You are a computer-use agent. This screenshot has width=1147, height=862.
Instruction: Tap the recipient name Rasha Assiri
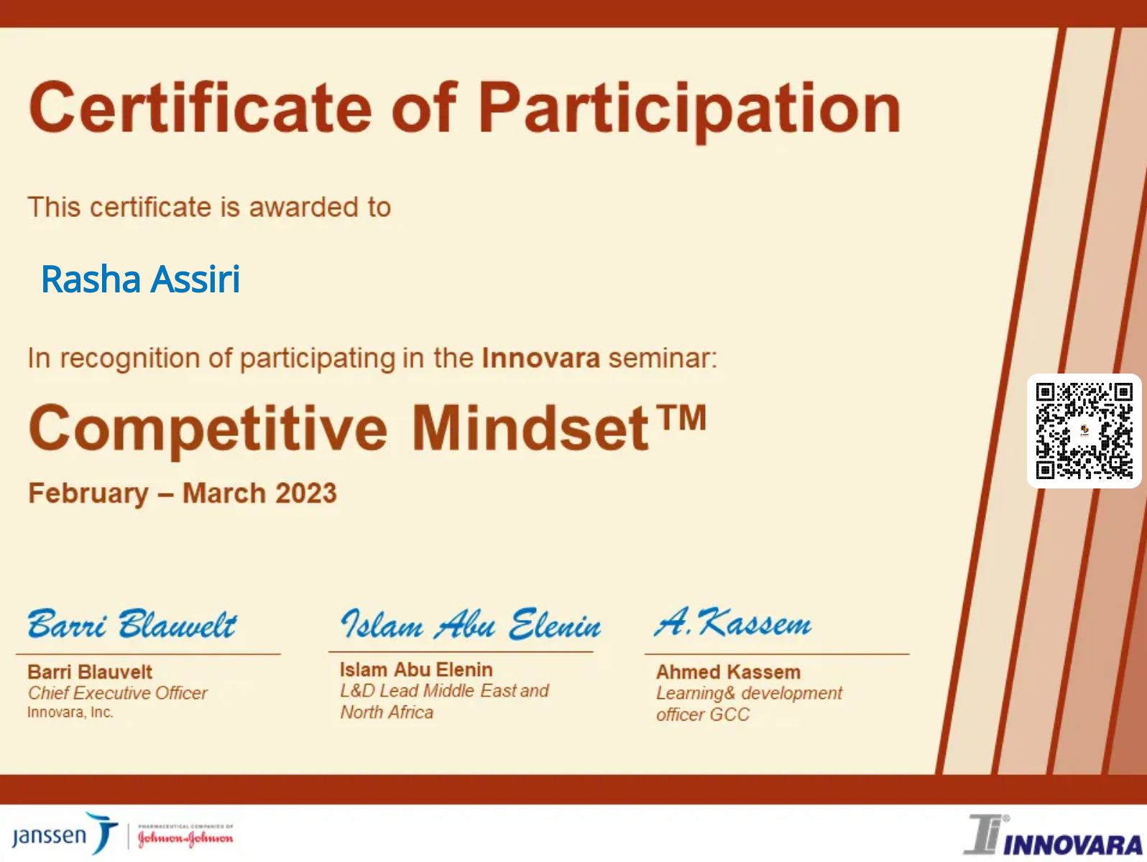pyautogui.click(x=140, y=279)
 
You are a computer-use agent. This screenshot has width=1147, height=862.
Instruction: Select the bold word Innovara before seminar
pyautogui.click(x=540, y=358)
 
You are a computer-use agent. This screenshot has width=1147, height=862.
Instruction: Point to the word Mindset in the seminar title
pyautogui.click(x=530, y=429)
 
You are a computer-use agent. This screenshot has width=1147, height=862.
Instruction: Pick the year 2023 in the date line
pyautogui.click(x=305, y=493)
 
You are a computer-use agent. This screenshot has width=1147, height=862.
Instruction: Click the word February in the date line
pyautogui.click(x=88, y=493)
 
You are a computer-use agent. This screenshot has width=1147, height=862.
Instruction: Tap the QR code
pyautogui.click(x=1084, y=431)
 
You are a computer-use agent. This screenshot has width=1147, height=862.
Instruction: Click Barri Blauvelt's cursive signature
pyautogui.click(x=132, y=624)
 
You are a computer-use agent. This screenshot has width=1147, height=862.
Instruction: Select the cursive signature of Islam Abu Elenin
pyautogui.click(x=471, y=624)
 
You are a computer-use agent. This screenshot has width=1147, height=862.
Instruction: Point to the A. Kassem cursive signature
pyautogui.click(x=732, y=622)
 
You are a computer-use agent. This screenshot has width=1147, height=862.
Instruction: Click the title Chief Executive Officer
pyautogui.click(x=117, y=693)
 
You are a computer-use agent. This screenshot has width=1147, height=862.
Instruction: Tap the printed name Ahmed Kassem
pyautogui.click(x=728, y=672)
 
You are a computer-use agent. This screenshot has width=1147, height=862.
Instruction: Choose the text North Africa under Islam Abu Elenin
pyautogui.click(x=387, y=712)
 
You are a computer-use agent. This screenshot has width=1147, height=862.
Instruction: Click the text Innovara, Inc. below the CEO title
pyautogui.click(x=70, y=713)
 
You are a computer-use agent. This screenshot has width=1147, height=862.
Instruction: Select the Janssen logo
pyautogui.click(x=64, y=835)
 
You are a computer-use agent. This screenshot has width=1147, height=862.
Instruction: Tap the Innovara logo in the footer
pyautogui.click(x=1054, y=836)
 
